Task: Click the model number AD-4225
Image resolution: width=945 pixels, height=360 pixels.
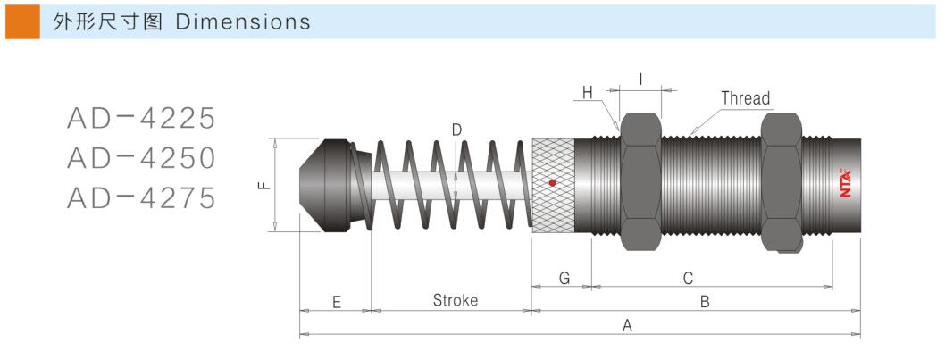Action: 142,118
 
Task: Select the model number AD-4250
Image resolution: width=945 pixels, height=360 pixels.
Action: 142,158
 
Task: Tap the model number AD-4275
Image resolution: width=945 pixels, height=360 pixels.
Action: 142,197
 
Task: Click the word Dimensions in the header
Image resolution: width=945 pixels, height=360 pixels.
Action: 243,22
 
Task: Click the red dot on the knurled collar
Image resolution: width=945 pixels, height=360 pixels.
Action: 552,183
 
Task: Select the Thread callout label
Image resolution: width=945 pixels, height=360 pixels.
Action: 745,98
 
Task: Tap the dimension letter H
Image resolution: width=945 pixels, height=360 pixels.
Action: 587,92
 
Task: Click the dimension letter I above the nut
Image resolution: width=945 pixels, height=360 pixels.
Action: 640,79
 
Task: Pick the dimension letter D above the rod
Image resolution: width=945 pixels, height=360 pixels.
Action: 456,130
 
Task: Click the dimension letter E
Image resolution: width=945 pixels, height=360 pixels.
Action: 336,302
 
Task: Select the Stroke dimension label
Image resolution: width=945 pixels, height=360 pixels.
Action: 455,300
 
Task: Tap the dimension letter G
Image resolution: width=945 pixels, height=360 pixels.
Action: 564,279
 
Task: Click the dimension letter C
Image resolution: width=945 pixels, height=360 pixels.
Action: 688,279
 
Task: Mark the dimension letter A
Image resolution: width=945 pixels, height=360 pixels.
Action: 627,326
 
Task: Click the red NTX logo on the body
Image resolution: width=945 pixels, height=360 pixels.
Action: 844,183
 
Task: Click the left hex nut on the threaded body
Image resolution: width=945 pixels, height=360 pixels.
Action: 640,183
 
